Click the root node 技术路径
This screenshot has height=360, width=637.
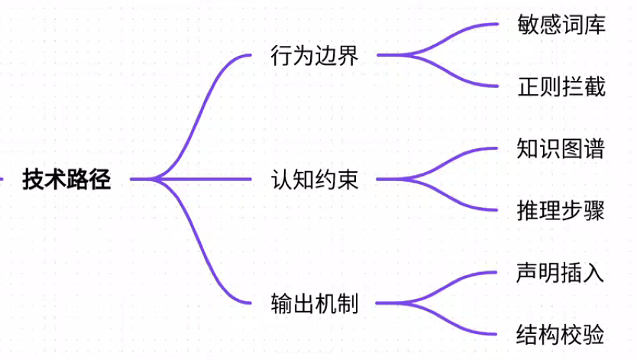(x=66, y=179)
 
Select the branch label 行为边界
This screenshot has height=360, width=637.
(x=315, y=55)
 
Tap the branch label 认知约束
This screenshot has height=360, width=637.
(x=315, y=179)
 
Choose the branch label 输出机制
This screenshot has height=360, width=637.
(x=315, y=303)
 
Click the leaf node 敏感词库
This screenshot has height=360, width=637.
(x=561, y=24)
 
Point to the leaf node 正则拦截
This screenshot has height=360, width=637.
(x=561, y=86)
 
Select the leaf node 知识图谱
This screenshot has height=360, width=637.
(x=561, y=148)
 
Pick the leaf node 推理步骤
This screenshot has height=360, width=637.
(x=561, y=210)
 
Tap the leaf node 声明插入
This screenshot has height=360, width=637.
(x=560, y=272)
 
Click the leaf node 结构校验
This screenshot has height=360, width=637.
(x=560, y=335)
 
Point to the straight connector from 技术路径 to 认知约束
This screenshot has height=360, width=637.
(x=191, y=179)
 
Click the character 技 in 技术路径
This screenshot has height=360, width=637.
(x=34, y=179)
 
